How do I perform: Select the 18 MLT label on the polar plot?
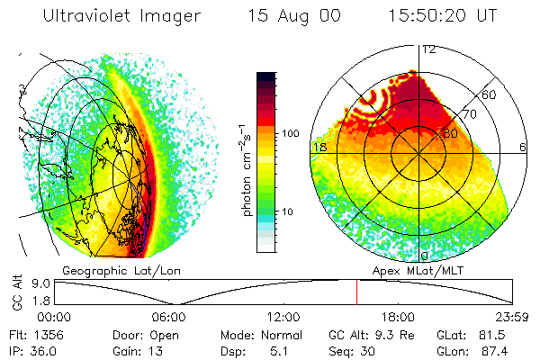point(319,147)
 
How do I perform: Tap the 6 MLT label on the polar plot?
point(523,147)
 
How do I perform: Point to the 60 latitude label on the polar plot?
point(490,94)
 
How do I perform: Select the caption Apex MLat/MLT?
point(420,269)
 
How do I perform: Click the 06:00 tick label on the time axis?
point(168,316)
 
